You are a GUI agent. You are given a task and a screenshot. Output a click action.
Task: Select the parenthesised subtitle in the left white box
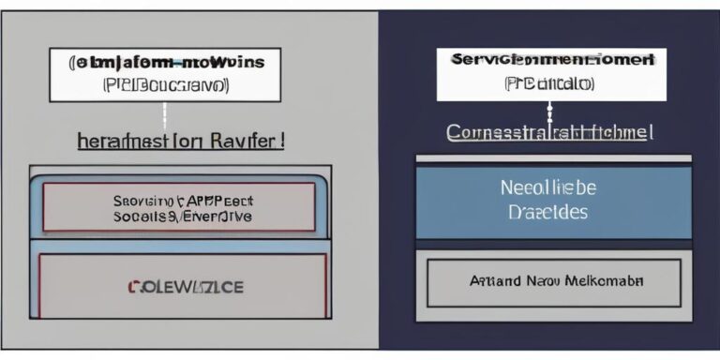pos(167,83)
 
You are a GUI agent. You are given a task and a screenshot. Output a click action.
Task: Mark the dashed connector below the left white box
pos(165,116)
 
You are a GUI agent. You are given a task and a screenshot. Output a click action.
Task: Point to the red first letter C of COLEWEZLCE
pos(131,287)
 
